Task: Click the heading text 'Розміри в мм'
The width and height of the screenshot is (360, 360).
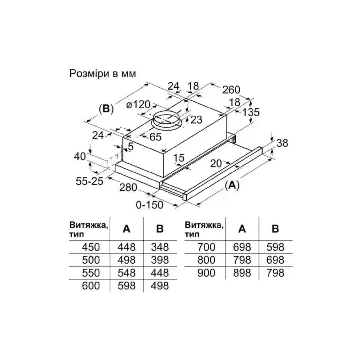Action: [103, 74]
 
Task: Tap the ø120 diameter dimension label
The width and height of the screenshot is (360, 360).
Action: [138, 105]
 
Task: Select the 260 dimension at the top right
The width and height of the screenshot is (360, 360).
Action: [231, 90]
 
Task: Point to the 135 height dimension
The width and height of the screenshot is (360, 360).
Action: [251, 112]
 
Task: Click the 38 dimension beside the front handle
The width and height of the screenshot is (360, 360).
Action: [282, 143]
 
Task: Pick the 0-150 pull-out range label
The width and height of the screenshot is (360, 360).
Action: [149, 205]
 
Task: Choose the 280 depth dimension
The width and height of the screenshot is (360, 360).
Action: [128, 188]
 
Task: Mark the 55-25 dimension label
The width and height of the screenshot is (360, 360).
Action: [90, 181]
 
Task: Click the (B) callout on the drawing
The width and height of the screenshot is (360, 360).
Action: [106, 109]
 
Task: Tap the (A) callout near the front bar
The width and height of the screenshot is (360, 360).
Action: [232, 185]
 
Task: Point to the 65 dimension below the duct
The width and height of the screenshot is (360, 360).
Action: [155, 137]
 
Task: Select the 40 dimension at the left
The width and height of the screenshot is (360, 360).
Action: [80, 156]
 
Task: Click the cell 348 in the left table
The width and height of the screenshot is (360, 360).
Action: [160, 247]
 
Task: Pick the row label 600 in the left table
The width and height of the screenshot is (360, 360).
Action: [91, 286]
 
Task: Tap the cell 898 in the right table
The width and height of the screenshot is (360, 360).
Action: [242, 273]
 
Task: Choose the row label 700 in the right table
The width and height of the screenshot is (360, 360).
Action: [207, 247]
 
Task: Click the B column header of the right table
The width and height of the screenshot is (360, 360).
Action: [275, 229]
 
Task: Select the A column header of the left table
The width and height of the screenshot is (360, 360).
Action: [126, 229]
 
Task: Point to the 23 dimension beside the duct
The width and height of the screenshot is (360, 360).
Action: [196, 120]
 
